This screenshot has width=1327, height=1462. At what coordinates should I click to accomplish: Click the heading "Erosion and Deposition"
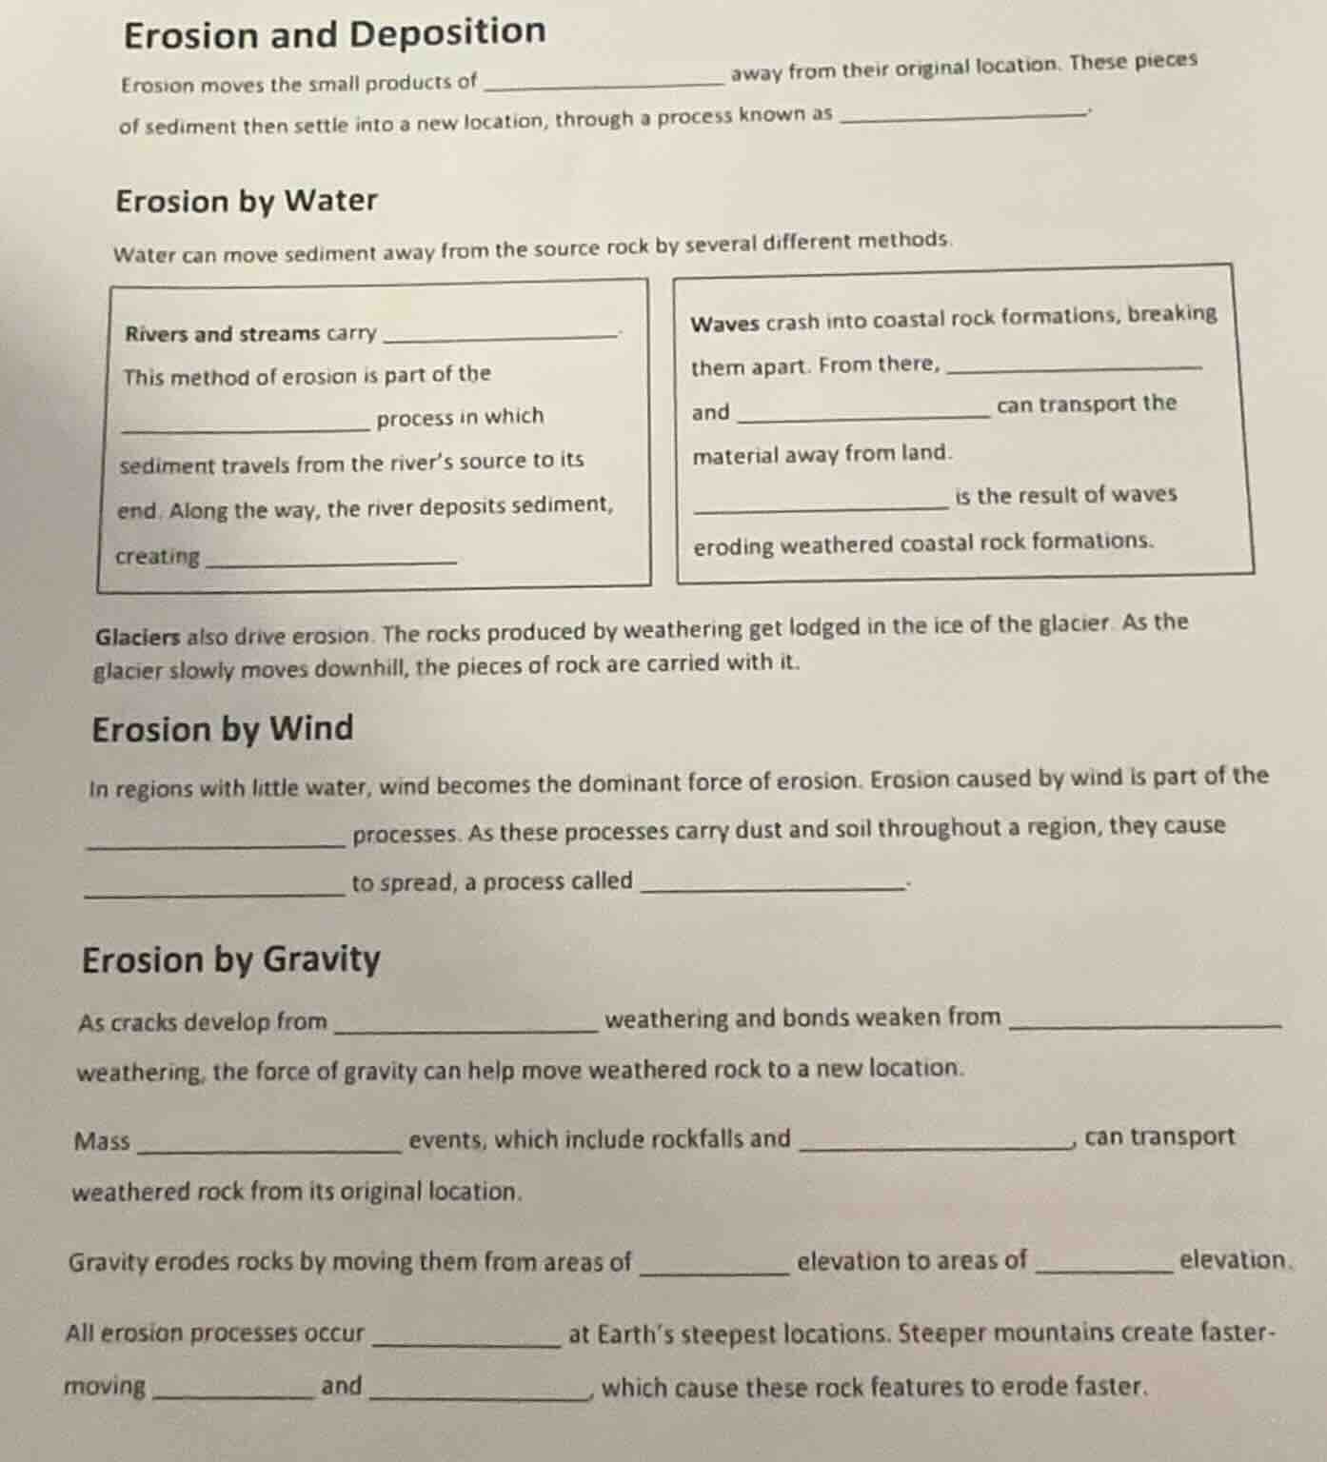click(335, 34)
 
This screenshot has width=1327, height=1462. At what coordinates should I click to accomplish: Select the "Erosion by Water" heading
click(247, 201)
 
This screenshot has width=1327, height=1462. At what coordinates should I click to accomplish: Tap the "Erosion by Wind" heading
click(223, 729)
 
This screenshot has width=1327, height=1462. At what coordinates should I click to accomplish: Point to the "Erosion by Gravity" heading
click(231, 959)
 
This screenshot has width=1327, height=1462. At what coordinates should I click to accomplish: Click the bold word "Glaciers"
click(137, 638)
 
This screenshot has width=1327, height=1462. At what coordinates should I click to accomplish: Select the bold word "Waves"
click(724, 324)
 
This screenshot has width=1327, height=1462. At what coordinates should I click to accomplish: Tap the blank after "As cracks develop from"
click(464, 1025)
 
